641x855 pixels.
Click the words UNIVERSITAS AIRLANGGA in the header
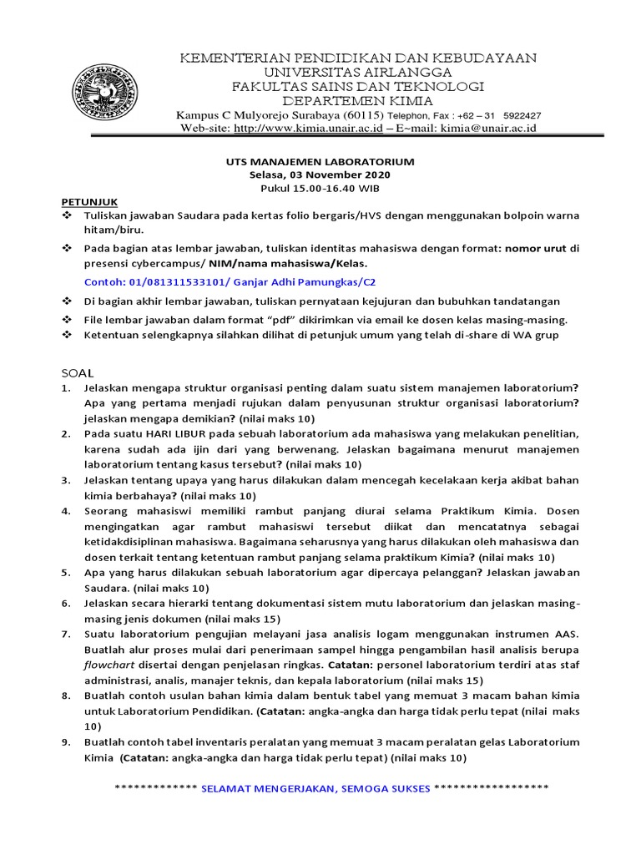[x=359, y=72]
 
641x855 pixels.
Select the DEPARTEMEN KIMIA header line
[x=359, y=101]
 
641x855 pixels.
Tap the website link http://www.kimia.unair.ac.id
[x=308, y=129]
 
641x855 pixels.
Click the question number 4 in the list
[x=66, y=510]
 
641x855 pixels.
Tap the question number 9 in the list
[x=66, y=742]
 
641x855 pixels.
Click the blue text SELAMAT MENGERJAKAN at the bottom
[x=270, y=788]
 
